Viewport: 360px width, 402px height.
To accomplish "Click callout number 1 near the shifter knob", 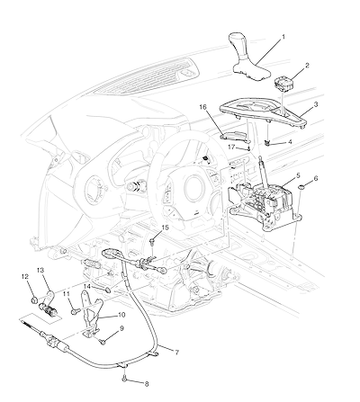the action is (283, 37).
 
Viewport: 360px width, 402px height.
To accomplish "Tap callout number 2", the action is (307, 66).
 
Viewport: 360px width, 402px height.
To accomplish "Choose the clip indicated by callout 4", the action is (265, 143).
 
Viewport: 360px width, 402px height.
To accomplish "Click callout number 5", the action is (298, 175).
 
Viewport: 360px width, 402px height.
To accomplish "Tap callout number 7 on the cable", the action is (176, 353).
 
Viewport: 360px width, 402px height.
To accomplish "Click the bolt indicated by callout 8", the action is (125, 379).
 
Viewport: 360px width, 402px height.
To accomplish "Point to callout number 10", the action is (121, 315).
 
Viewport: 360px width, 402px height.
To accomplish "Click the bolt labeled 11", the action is (74, 312).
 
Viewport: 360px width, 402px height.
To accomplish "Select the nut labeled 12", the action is (34, 299).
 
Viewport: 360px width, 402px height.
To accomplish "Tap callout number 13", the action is (40, 271).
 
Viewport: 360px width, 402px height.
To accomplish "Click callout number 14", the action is (87, 286).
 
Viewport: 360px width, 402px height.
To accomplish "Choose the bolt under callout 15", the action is (153, 240).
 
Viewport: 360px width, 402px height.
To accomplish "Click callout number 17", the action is (231, 147).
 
